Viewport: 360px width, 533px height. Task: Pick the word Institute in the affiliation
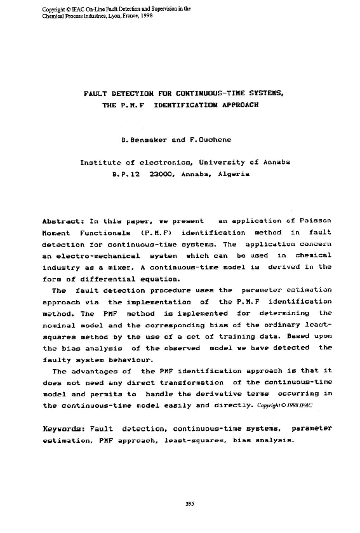(99, 162)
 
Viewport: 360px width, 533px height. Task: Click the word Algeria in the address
(234, 173)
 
